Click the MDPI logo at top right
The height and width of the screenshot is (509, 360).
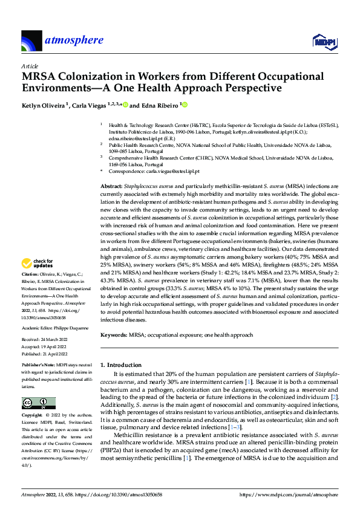pyautogui.click(x=324, y=41)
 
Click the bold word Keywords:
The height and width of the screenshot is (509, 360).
pyautogui.click(x=116, y=334)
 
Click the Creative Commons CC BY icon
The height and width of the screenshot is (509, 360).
pyautogui.click(x=38, y=403)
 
